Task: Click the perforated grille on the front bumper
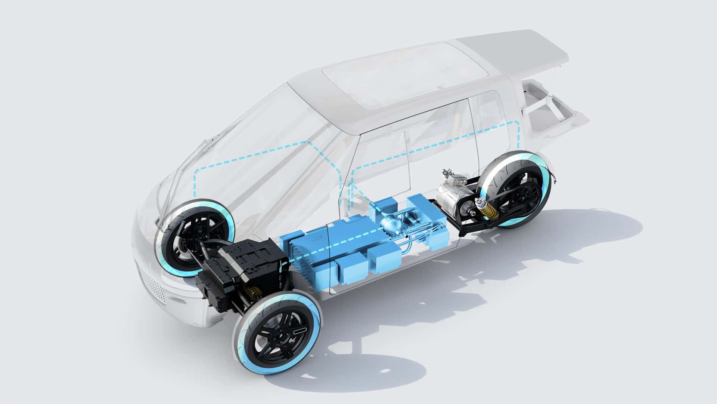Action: pyautogui.click(x=151, y=282)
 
